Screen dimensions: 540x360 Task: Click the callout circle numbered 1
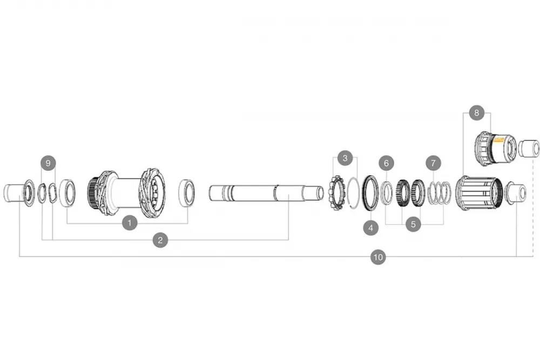tap(130, 223)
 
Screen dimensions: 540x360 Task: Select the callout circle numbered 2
tap(160, 240)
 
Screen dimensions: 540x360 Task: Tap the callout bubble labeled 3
tap(345, 158)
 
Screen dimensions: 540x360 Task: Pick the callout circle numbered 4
tap(371, 228)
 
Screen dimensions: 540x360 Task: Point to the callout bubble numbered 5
tap(413, 225)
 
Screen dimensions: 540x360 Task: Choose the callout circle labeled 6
tap(387, 163)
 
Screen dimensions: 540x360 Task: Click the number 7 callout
tap(433, 163)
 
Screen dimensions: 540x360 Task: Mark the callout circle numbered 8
tap(477, 113)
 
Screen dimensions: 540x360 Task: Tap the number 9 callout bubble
tap(48, 163)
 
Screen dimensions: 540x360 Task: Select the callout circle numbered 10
tap(378, 257)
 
